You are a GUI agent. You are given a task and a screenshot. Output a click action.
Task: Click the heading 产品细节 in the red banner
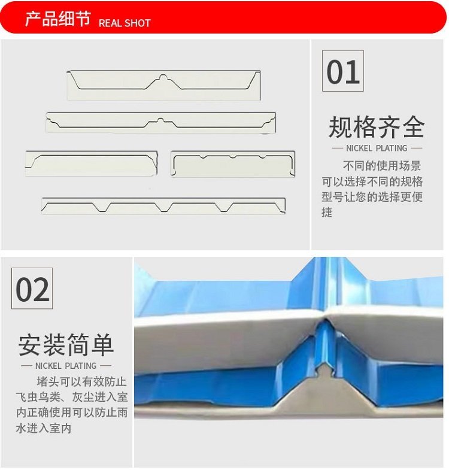tap(58, 19)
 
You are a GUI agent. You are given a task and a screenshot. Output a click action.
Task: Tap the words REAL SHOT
tap(125, 23)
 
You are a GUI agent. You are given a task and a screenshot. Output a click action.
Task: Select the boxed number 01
tap(343, 71)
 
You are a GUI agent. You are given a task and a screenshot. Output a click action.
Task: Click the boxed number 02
tap(32, 289)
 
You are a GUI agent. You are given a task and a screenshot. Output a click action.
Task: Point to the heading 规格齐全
tap(377, 127)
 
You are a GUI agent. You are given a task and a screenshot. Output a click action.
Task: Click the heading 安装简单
tap(66, 345)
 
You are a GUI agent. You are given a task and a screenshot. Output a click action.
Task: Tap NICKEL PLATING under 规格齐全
tap(377, 148)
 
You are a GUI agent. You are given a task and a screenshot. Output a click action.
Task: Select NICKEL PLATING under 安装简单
tap(66, 366)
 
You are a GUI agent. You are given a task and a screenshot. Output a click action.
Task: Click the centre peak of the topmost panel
tap(163, 77)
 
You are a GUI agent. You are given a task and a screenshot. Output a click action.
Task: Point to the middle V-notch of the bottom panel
tap(163, 207)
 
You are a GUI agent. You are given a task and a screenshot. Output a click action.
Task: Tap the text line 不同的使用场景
tap(382, 166)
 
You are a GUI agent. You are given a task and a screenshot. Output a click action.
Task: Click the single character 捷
tap(327, 213)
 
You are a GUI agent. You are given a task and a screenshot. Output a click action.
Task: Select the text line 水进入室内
tap(44, 428)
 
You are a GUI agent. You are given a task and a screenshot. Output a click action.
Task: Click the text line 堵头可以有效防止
tap(81, 381)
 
